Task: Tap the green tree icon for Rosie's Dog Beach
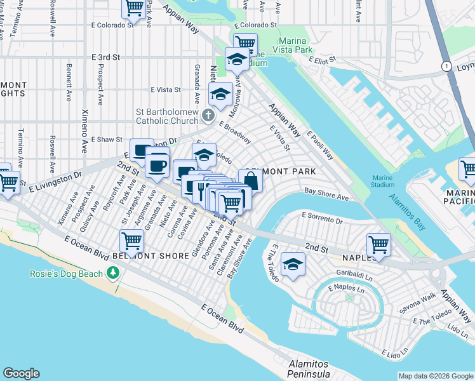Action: point(114,272)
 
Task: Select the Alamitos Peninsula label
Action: point(309,369)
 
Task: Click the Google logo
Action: point(21,373)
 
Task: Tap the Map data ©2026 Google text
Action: point(435,376)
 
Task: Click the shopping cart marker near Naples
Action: point(378,243)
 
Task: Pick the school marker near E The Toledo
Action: point(293,264)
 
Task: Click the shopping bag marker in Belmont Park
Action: point(251,180)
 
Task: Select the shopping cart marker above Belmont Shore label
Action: point(131,240)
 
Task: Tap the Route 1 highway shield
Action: point(446,67)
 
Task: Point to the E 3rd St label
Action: point(105,57)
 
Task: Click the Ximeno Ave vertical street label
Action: point(84,131)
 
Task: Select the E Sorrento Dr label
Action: point(322,220)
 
